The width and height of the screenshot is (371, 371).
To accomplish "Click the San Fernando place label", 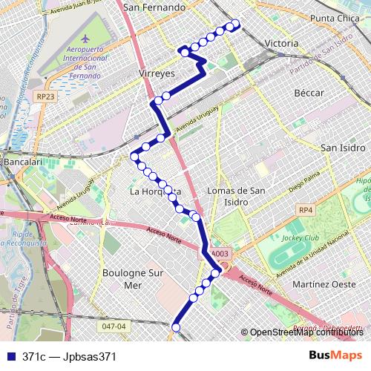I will (x=154, y=7).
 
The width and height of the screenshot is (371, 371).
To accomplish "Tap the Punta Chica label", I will (x=335, y=18).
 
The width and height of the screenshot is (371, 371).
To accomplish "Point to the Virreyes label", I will (x=156, y=74).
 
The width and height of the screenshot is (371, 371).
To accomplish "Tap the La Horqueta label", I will (x=156, y=191).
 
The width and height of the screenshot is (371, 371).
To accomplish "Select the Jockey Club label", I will (x=301, y=238).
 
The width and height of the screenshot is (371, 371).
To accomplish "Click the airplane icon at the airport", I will (x=85, y=38).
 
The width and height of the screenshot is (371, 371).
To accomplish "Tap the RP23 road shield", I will (x=45, y=96).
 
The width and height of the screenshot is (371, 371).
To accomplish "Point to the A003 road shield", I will (x=219, y=254).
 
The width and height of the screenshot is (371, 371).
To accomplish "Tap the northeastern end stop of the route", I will (x=237, y=23).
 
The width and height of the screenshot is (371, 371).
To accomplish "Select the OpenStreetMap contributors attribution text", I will (x=306, y=332).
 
